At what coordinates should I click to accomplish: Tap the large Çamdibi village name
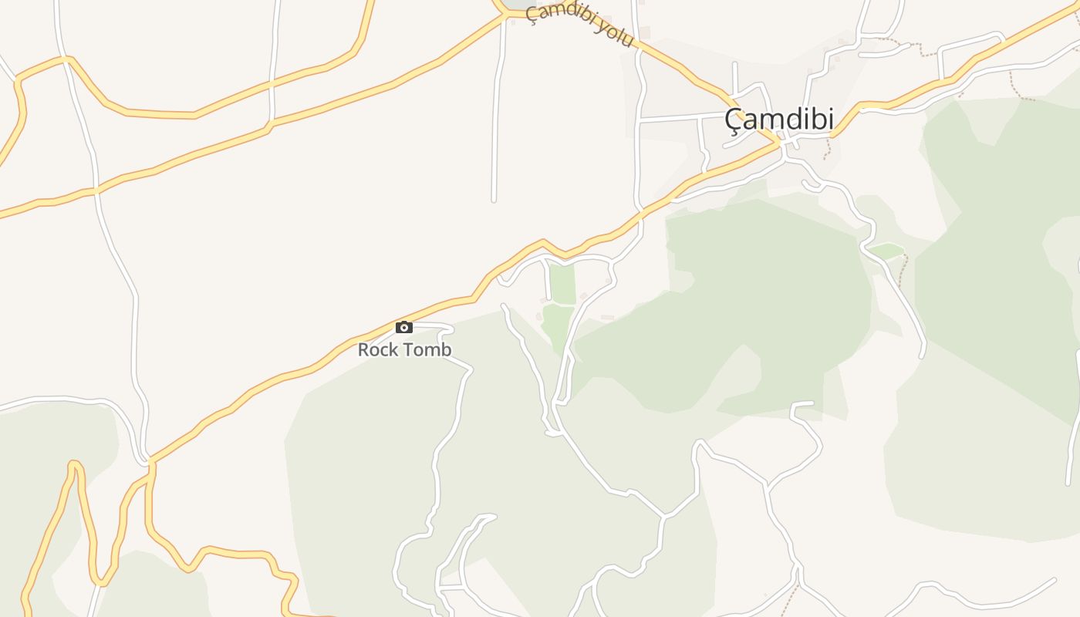point(779,119)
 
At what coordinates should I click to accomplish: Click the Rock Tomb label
point(404,349)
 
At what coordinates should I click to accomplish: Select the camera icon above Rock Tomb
point(404,327)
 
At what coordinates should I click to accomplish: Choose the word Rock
point(377,349)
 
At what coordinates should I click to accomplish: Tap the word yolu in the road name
point(615,34)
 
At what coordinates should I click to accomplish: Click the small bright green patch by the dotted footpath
point(886,251)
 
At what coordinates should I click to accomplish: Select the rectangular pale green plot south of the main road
point(562,285)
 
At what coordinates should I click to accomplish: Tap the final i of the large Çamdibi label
point(830,119)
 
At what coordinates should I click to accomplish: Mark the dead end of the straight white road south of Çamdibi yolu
point(494,201)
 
